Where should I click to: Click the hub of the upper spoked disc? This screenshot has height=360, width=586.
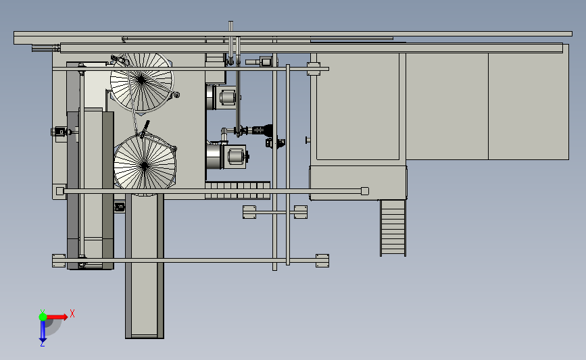coord(141,79)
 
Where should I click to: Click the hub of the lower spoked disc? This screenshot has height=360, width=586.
coord(145,165)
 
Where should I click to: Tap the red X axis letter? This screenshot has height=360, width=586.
coord(72,313)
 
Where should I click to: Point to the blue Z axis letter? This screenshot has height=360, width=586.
coord(42,344)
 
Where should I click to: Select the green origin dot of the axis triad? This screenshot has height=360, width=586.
coord(43,317)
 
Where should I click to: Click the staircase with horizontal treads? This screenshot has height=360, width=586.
coord(393,228)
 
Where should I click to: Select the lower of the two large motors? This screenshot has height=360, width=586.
coord(226,156)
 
